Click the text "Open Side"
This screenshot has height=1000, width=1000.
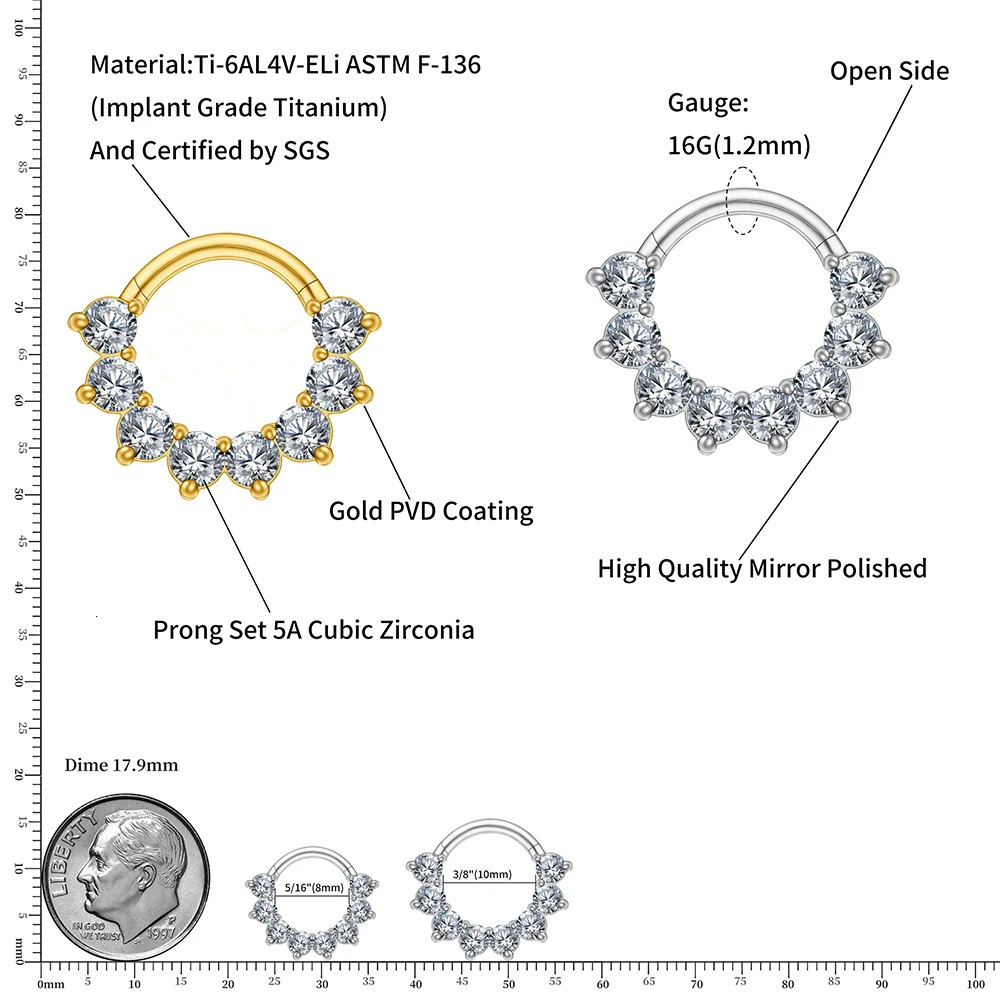click(889, 71)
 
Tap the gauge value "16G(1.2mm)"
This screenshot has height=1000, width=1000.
click(738, 146)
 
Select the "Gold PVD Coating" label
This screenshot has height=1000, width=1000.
click(431, 511)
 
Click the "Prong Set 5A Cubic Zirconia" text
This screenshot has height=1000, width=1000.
click(313, 630)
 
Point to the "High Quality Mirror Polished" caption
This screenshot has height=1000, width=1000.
click(762, 569)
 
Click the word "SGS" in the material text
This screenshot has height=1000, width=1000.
click(305, 150)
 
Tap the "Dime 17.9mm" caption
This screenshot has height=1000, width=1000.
click(121, 765)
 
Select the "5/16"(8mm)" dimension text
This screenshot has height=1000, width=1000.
click(313, 886)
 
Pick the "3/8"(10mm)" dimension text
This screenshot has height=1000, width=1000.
click(483, 873)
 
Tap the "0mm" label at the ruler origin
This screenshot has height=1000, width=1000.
click(49, 984)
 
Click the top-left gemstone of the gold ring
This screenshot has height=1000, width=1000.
click(111, 324)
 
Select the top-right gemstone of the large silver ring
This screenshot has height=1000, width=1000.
click(859, 280)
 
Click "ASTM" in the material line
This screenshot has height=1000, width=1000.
click(388, 65)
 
